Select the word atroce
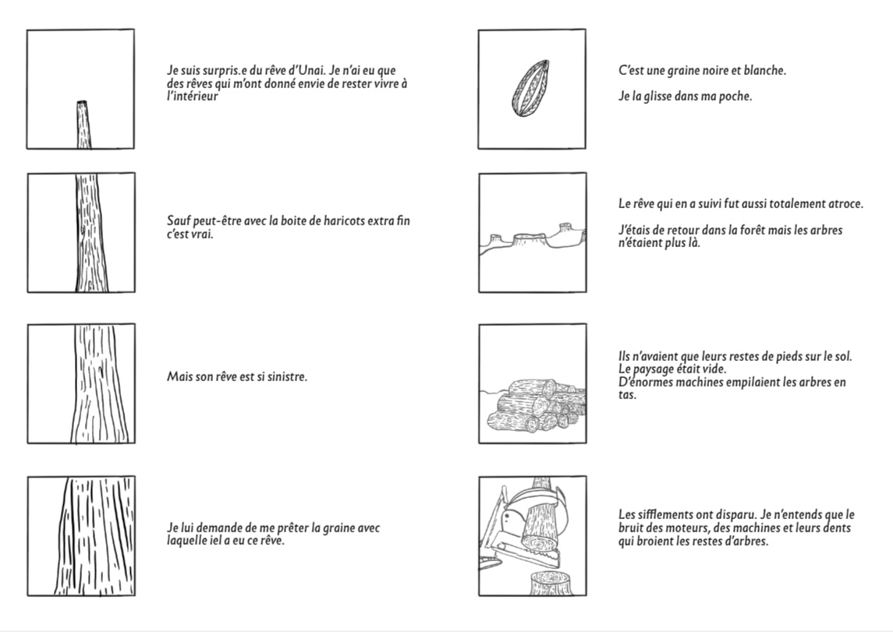[x=845, y=203]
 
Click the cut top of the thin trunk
[x=82, y=103]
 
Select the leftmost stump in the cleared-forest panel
[x=495, y=239]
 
